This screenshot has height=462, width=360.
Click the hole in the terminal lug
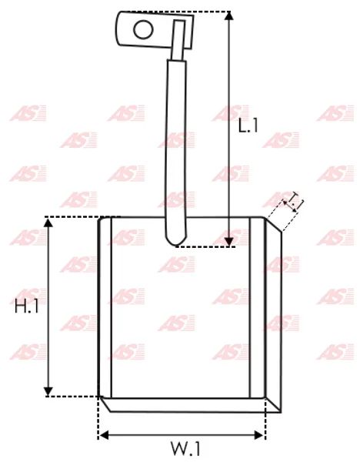point(143,30)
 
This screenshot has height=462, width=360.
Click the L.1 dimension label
point(248,126)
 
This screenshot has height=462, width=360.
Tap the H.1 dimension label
point(27,306)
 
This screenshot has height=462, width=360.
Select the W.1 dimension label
point(186,449)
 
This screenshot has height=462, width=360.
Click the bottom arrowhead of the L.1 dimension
point(228,242)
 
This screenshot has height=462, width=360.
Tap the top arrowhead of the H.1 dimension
point(48,223)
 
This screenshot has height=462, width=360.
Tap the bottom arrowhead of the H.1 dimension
point(48,392)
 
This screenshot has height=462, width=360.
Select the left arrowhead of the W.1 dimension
point(104,435)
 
